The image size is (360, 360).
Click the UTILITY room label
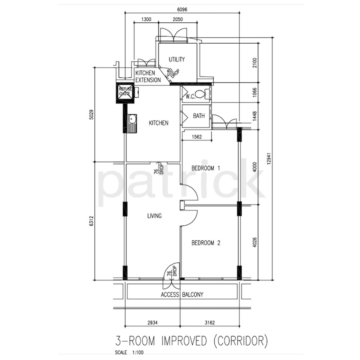(x=176, y=60)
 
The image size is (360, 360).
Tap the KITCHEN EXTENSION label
(x=148, y=76)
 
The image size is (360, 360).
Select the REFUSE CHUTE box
(x=125, y=93)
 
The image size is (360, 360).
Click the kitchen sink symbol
(x=132, y=123)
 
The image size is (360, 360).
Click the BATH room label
(x=198, y=116)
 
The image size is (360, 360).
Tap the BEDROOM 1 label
(x=206, y=168)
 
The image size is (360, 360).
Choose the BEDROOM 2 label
(x=206, y=243)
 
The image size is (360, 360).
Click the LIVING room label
(x=154, y=216)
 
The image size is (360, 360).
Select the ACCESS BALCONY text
(x=182, y=294)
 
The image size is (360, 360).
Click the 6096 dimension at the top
(x=182, y=10)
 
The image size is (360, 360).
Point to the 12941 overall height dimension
(x=269, y=159)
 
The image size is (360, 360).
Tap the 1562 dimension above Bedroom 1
(x=197, y=137)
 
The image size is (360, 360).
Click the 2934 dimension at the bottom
(x=152, y=322)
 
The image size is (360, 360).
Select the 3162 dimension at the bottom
(x=210, y=322)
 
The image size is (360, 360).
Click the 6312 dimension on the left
(x=92, y=221)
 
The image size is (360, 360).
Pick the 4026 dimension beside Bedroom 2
(x=254, y=242)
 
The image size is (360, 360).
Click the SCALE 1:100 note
(x=129, y=352)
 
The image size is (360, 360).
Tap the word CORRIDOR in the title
(x=241, y=341)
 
